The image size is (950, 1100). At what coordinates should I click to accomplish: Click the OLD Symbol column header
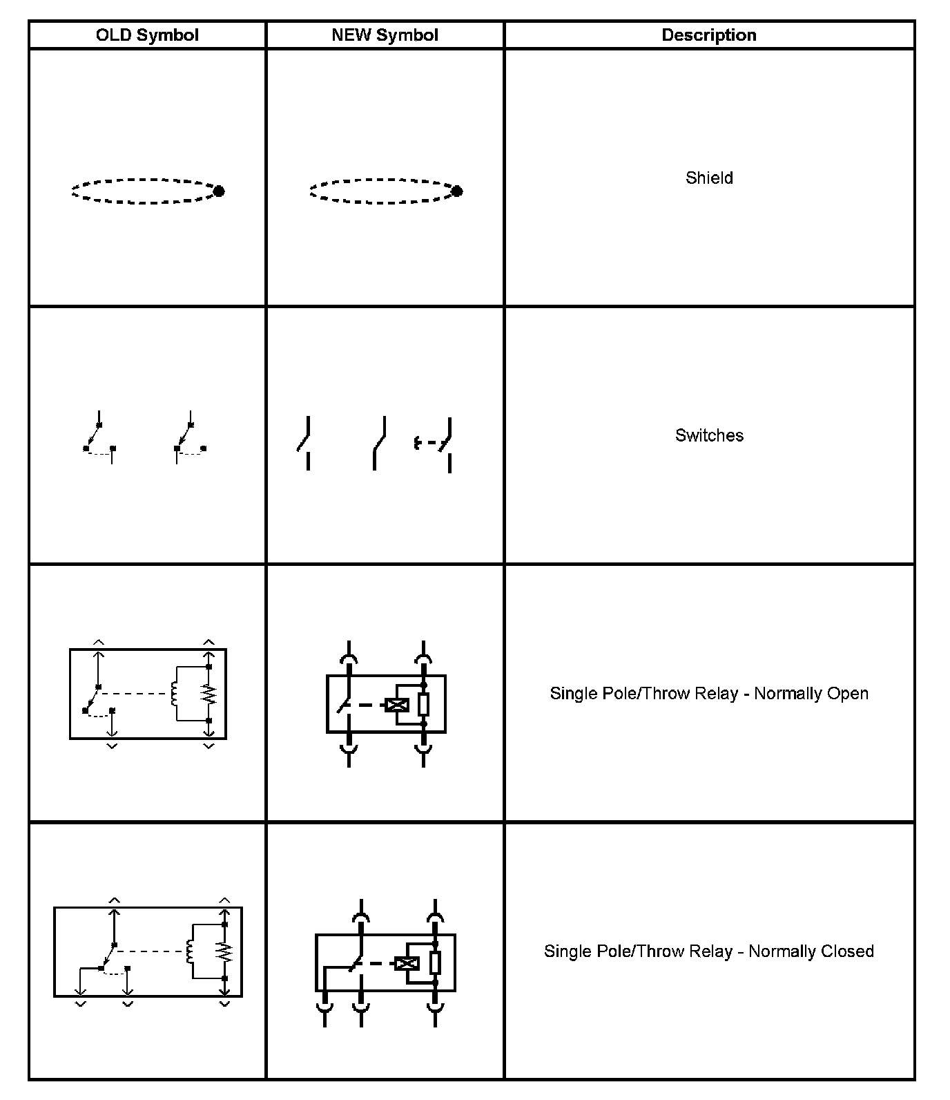pyautogui.click(x=147, y=35)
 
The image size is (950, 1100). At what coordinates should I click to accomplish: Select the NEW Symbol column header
pyautogui.click(x=385, y=35)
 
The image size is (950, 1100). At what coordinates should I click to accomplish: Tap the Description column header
pyautogui.click(x=709, y=35)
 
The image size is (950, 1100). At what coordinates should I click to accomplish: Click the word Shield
pyautogui.click(x=709, y=178)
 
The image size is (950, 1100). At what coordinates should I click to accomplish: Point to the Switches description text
pyautogui.click(x=709, y=436)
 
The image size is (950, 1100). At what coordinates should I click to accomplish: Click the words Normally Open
pyautogui.click(x=811, y=694)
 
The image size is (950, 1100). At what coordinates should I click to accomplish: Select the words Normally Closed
pyautogui.click(x=811, y=951)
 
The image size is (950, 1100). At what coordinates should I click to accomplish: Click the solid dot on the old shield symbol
pyautogui.click(x=219, y=191)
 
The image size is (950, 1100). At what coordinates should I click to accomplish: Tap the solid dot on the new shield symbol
pyautogui.click(x=456, y=191)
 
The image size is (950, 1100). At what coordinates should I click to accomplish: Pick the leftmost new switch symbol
pyautogui.click(x=304, y=442)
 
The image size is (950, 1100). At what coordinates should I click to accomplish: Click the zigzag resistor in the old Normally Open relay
pyautogui.click(x=209, y=694)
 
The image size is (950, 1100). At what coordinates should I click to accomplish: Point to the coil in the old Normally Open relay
pyautogui.click(x=175, y=693)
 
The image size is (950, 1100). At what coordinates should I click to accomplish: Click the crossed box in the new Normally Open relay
pyautogui.click(x=397, y=705)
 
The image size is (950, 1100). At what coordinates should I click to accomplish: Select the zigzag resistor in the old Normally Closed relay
pyautogui.click(x=224, y=951)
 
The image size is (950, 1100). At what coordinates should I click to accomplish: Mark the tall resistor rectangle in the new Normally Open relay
pyautogui.click(x=424, y=705)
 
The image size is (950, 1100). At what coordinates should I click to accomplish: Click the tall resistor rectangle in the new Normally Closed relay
pyautogui.click(x=435, y=963)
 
